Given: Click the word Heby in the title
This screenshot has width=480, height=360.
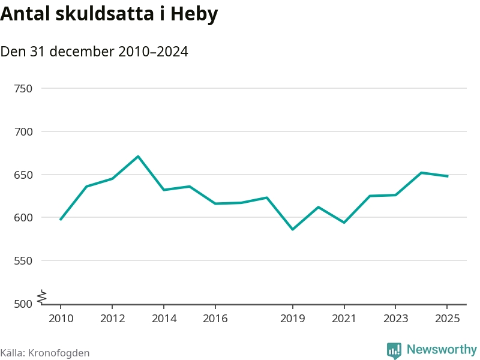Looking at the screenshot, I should tap(194, 15).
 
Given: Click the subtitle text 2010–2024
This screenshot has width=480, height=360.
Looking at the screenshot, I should tap(153, 52).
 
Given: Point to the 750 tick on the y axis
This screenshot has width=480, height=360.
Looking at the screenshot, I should tap(23, 89).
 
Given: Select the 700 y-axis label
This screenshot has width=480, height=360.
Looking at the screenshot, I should tap(23, 132).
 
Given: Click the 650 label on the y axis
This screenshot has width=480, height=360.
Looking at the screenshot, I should tap(23, 175).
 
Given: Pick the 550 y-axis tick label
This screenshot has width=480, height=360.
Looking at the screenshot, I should tap(23, 261).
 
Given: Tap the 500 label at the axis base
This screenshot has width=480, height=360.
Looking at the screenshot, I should tap(23, 304).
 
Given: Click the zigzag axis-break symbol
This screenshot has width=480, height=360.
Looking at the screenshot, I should tap(42, 296).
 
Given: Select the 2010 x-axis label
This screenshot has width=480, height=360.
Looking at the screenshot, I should tap(61, 319).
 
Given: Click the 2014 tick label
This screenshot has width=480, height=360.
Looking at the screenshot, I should tap(164, 319).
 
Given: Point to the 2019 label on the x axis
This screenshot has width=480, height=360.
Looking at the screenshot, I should tap(292, 319).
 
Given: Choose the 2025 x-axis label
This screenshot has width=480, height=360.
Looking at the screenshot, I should tap(447, 319).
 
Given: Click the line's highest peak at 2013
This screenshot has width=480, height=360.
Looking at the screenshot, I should tap(138, 157).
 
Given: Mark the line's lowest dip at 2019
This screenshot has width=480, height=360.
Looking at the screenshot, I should tap(292, 229).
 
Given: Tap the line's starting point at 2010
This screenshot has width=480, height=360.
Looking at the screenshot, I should tap(61, 220).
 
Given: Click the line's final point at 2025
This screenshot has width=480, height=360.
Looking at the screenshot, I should tap(447, 176).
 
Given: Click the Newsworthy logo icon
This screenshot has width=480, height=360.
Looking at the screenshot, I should tap(394, 350).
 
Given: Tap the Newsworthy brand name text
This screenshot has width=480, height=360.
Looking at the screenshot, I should tap(442, 349).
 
